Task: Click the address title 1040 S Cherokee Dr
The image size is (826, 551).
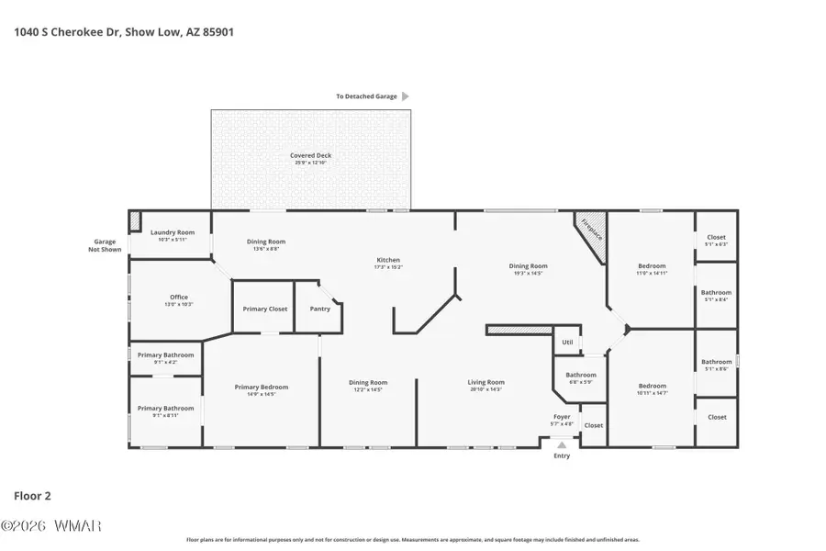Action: point(124,30)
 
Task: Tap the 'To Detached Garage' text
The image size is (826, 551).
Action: point(366,96)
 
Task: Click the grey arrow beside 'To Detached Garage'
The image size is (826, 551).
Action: point(406,96)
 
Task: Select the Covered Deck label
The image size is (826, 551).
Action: point(310,156)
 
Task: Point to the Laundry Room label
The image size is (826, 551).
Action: point(173,233)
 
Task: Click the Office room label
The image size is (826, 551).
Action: point(179,298)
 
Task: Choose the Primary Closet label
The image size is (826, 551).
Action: point(265,309)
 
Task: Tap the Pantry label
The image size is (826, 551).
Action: point(319,309)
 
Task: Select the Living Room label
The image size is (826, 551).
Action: point(486,382)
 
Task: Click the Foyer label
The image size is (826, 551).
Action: point(562,417)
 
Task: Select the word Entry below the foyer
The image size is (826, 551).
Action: point(562,455)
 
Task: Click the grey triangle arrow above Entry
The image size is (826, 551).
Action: point(562,444)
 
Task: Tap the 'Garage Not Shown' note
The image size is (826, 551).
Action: point(105,245)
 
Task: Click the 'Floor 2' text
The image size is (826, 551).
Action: point(32,496)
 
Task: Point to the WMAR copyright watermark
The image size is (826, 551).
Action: point(51,526)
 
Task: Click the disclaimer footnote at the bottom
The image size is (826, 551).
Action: point(413,540)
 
